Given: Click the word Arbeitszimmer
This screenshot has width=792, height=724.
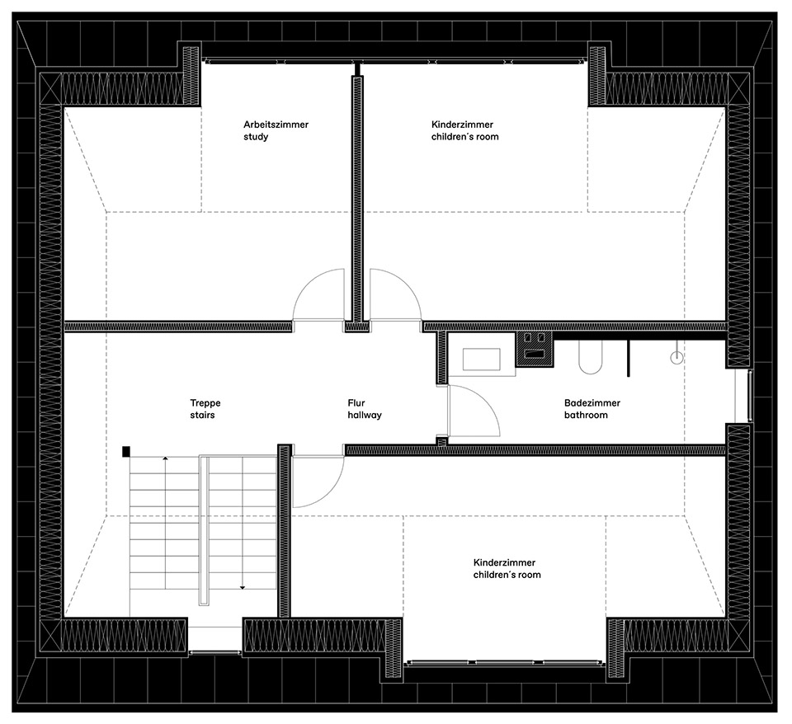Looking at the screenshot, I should pyautogui.click(x=276, y=125).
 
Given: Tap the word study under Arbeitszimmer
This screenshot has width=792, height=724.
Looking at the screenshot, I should pyautogui.click(x=256, y=137).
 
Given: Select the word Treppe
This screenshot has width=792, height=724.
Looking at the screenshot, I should pyautogui.click(x=205, y=403).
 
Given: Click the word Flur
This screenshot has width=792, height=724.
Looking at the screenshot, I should pyautogui.click(x=356, y=403).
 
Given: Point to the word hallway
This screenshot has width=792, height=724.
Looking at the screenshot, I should pyautogui.click(x=365, y=416).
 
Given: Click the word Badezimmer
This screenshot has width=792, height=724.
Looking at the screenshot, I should pyautogui.click(x=592, y=403).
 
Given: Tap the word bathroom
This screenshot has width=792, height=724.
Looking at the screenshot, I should pyautogui.click(x=586, y=416).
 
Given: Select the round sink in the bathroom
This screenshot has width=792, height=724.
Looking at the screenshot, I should pyautogui.click(x=677, y=357).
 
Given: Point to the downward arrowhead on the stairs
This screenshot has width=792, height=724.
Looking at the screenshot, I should pyautogui.click(x=243, y=587).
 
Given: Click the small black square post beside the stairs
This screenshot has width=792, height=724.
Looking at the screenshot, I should pyautogui.click(x=126, y=451).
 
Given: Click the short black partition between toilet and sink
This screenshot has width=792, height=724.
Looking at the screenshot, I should pyautogui.click(x=628, y=354).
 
